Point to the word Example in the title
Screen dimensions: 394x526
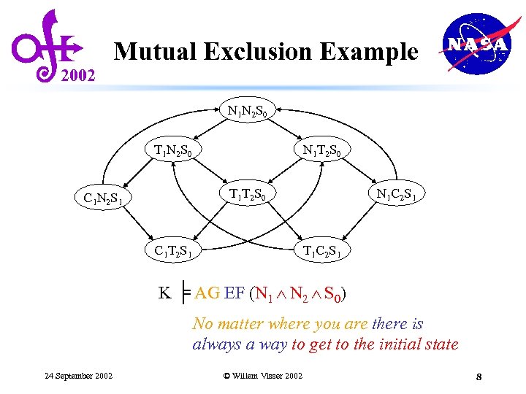point(374,52)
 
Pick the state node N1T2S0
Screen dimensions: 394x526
point(327,151)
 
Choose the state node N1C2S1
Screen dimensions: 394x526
point(401,194)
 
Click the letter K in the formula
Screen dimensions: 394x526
point(165,293)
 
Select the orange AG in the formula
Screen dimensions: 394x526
point(207,293)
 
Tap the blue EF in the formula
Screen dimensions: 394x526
point(235,293)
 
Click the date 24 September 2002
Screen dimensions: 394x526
point(78,376)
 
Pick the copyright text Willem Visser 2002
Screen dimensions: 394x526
point(262,376)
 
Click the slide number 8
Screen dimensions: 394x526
point(478,376)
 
